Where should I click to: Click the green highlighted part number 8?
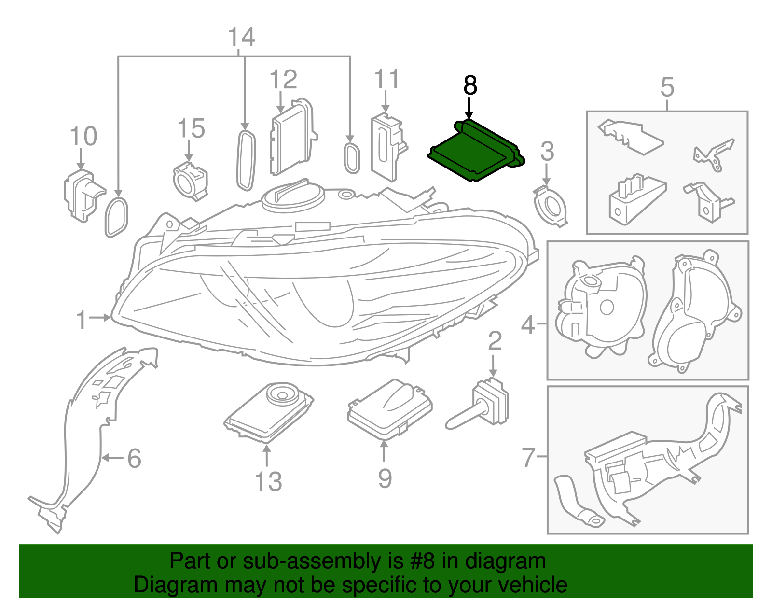(x=475, y=151)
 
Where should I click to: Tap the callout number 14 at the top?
(x=241, y=37)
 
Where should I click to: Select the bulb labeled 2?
(x=482, y=405)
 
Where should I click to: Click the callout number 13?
(x=268, y=481)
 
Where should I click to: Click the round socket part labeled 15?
(x=190, y=181)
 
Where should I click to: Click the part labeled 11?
(x=386, y=145)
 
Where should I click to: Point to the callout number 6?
(x=135, y=458)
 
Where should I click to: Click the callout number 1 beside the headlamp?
(x=82, y=320)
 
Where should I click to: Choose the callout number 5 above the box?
(x=667, y=87)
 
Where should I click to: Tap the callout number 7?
(x=529, y=457)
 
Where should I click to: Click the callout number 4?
(x=528, y=324)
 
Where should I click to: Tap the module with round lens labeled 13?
(x=269, y=410)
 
